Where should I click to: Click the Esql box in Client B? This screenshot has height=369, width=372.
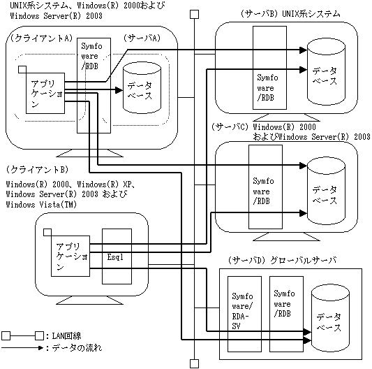pyautogui.click(x=117, y=256)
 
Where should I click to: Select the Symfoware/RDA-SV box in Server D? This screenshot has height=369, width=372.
pyautogui.click(x=244, y=314)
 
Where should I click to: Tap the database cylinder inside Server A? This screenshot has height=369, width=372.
pyautogui.click(x=142, y=87)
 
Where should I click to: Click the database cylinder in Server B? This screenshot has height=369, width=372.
pyautogui.click(x=326, y=72)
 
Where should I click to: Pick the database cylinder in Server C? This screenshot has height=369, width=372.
pyautogui.click(x=326, y=191)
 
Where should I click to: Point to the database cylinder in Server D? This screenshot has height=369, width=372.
pyautogui.click(x=330, y=320)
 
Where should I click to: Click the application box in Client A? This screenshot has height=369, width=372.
pyautogui.click(x=45, y=93)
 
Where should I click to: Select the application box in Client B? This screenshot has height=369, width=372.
pyautogui.click(x=70, y=256)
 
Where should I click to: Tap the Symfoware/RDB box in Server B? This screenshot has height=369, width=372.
pyautogui.click(x=269, y=68)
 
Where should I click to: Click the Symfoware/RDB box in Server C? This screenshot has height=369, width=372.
pyautogui.click(x=265, y=187)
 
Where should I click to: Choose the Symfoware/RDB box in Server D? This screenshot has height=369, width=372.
pyautogui.click(x=286, y=314)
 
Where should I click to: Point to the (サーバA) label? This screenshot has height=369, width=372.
pyautogui.click(x=142, y=38)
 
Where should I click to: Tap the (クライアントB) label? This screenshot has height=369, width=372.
pyautogui.click(x=37, y=169)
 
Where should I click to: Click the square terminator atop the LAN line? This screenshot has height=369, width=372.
pyautogui.click(x=195, y=14)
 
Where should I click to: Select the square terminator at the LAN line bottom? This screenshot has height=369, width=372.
pyautogui.click(x=195, y=364)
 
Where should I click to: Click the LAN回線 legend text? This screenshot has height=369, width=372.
pyautogui.click(x=66, y=336)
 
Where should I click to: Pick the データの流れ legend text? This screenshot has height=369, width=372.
pyautogui.click(x=77, y=348)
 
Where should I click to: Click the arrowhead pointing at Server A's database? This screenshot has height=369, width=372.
pyautogui.click(x=119, y=90)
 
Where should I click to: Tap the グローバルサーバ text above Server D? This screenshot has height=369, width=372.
pyautogui.click(x=303, y=261)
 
